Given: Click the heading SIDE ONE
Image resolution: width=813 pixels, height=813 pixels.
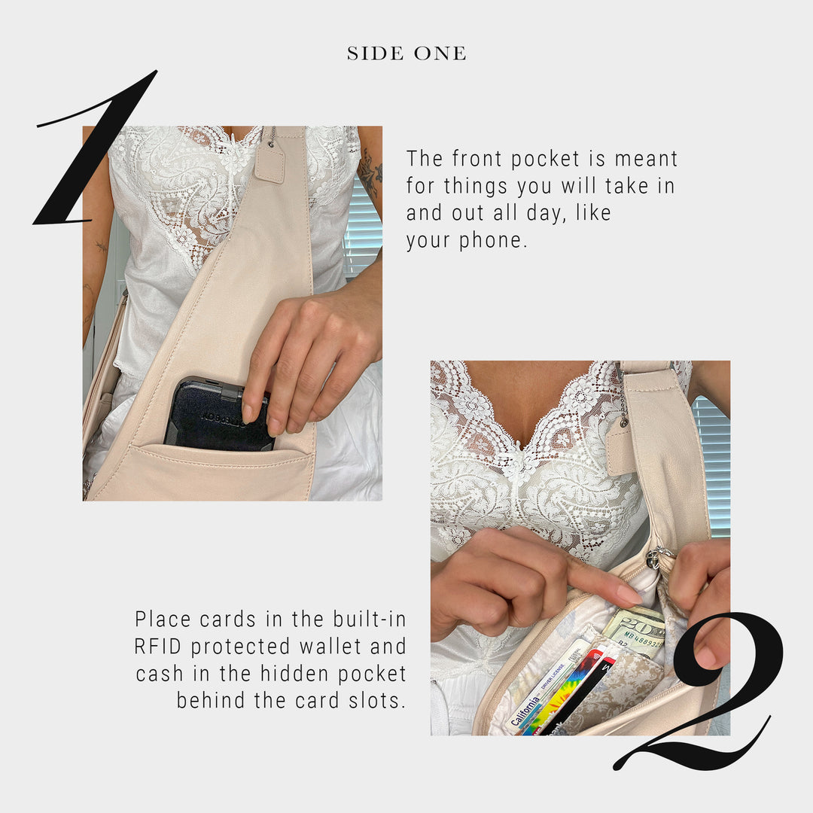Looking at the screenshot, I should (406, 53).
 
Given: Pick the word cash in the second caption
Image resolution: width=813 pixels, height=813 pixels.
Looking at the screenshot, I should (160, 674).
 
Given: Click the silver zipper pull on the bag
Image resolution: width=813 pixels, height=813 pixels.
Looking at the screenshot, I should (658, 558).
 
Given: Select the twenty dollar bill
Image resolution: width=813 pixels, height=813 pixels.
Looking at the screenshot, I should (635, 629).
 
